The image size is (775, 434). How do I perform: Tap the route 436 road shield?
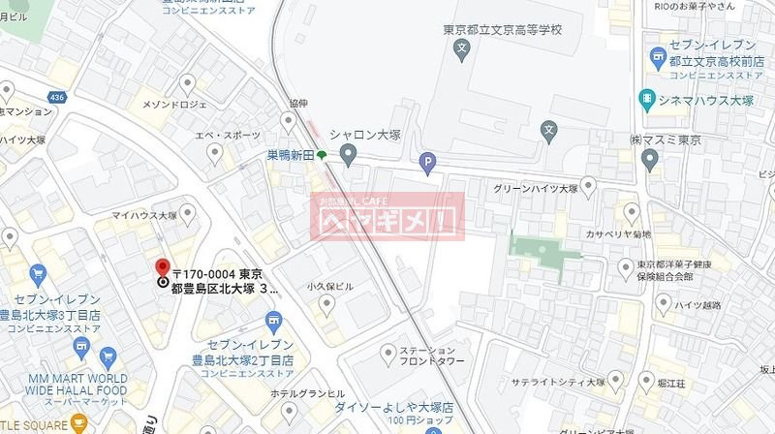56,98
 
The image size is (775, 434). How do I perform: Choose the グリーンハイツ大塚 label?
537,189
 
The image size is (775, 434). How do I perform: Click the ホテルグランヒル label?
308,393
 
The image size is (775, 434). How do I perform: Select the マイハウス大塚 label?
143,215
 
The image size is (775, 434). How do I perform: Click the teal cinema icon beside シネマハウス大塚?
645,98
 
